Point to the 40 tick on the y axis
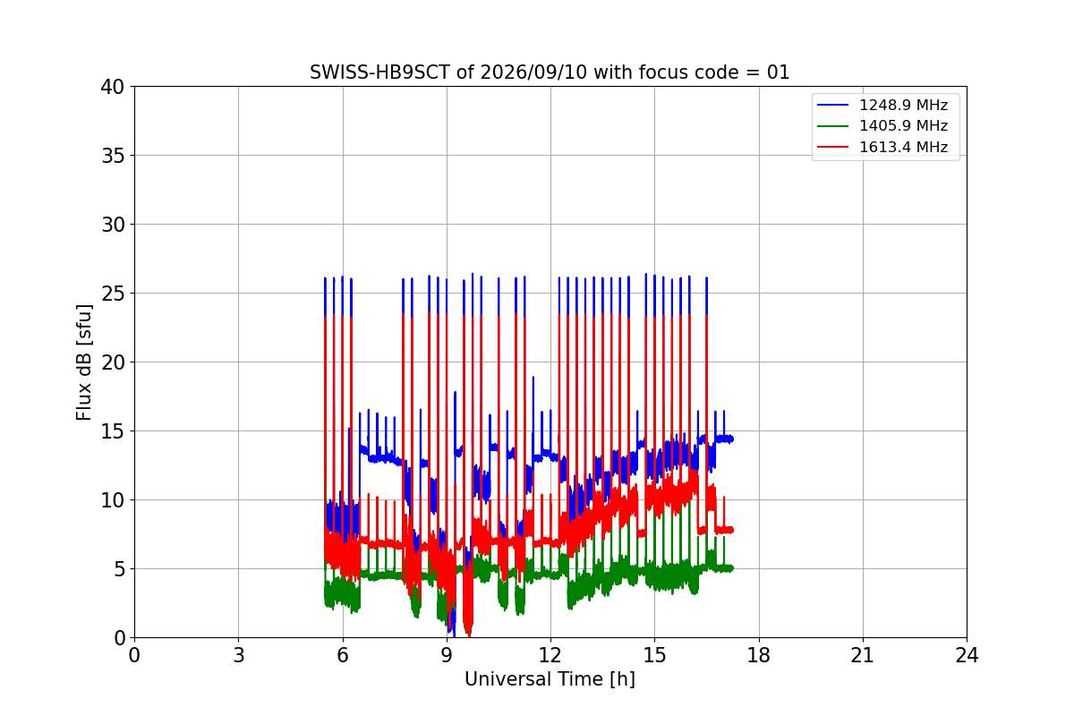pos(112,87)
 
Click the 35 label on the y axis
pos(112,156)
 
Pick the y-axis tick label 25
pos(112,294)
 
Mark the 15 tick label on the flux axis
pos(112,431)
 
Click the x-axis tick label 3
pos(239,655)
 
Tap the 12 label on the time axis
pos(550,655)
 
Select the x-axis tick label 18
pos(759,655)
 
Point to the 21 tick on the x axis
pos(863,655)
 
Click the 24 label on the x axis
pos(967,655)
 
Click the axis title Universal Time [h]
pos(550,679)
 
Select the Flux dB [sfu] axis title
pos(83,362)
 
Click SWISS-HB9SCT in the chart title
pos(379,72)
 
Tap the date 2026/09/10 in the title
pos(533,72)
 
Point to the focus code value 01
pos(778,72)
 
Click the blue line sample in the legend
pos(833,105)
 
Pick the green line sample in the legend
pos(833,126)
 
